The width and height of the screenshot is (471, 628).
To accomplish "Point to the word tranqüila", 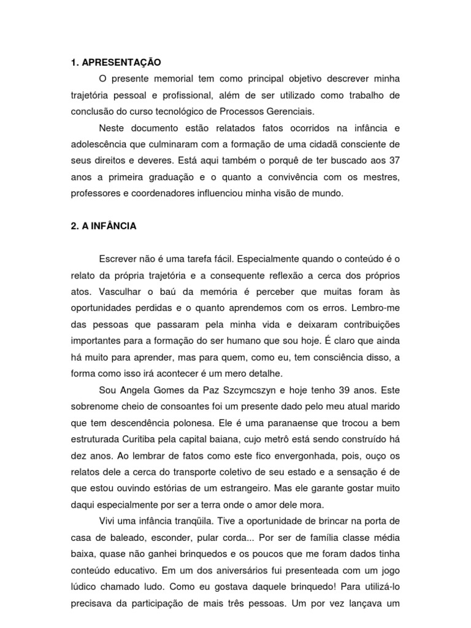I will tap(183, 521).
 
